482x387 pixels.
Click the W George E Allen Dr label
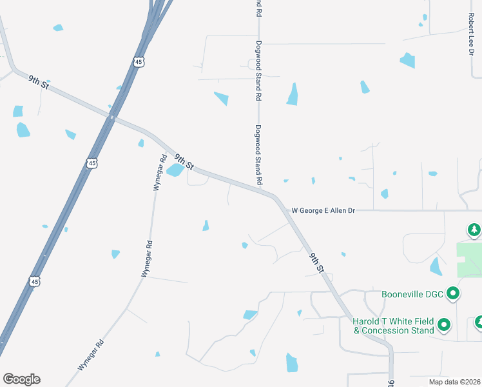pos(323,210)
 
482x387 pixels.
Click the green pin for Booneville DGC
pos(453,294)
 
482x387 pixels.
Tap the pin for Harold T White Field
pos(443,324)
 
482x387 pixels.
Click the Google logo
pos(21,379)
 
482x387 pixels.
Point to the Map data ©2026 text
pos(454,382)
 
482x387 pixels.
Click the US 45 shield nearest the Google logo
pos(35,281)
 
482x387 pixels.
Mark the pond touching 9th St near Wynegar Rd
pos(175,170)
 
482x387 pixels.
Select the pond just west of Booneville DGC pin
pos(436,266)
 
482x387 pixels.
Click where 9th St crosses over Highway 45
pos(113,117)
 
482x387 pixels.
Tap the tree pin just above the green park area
pos(474,229)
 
